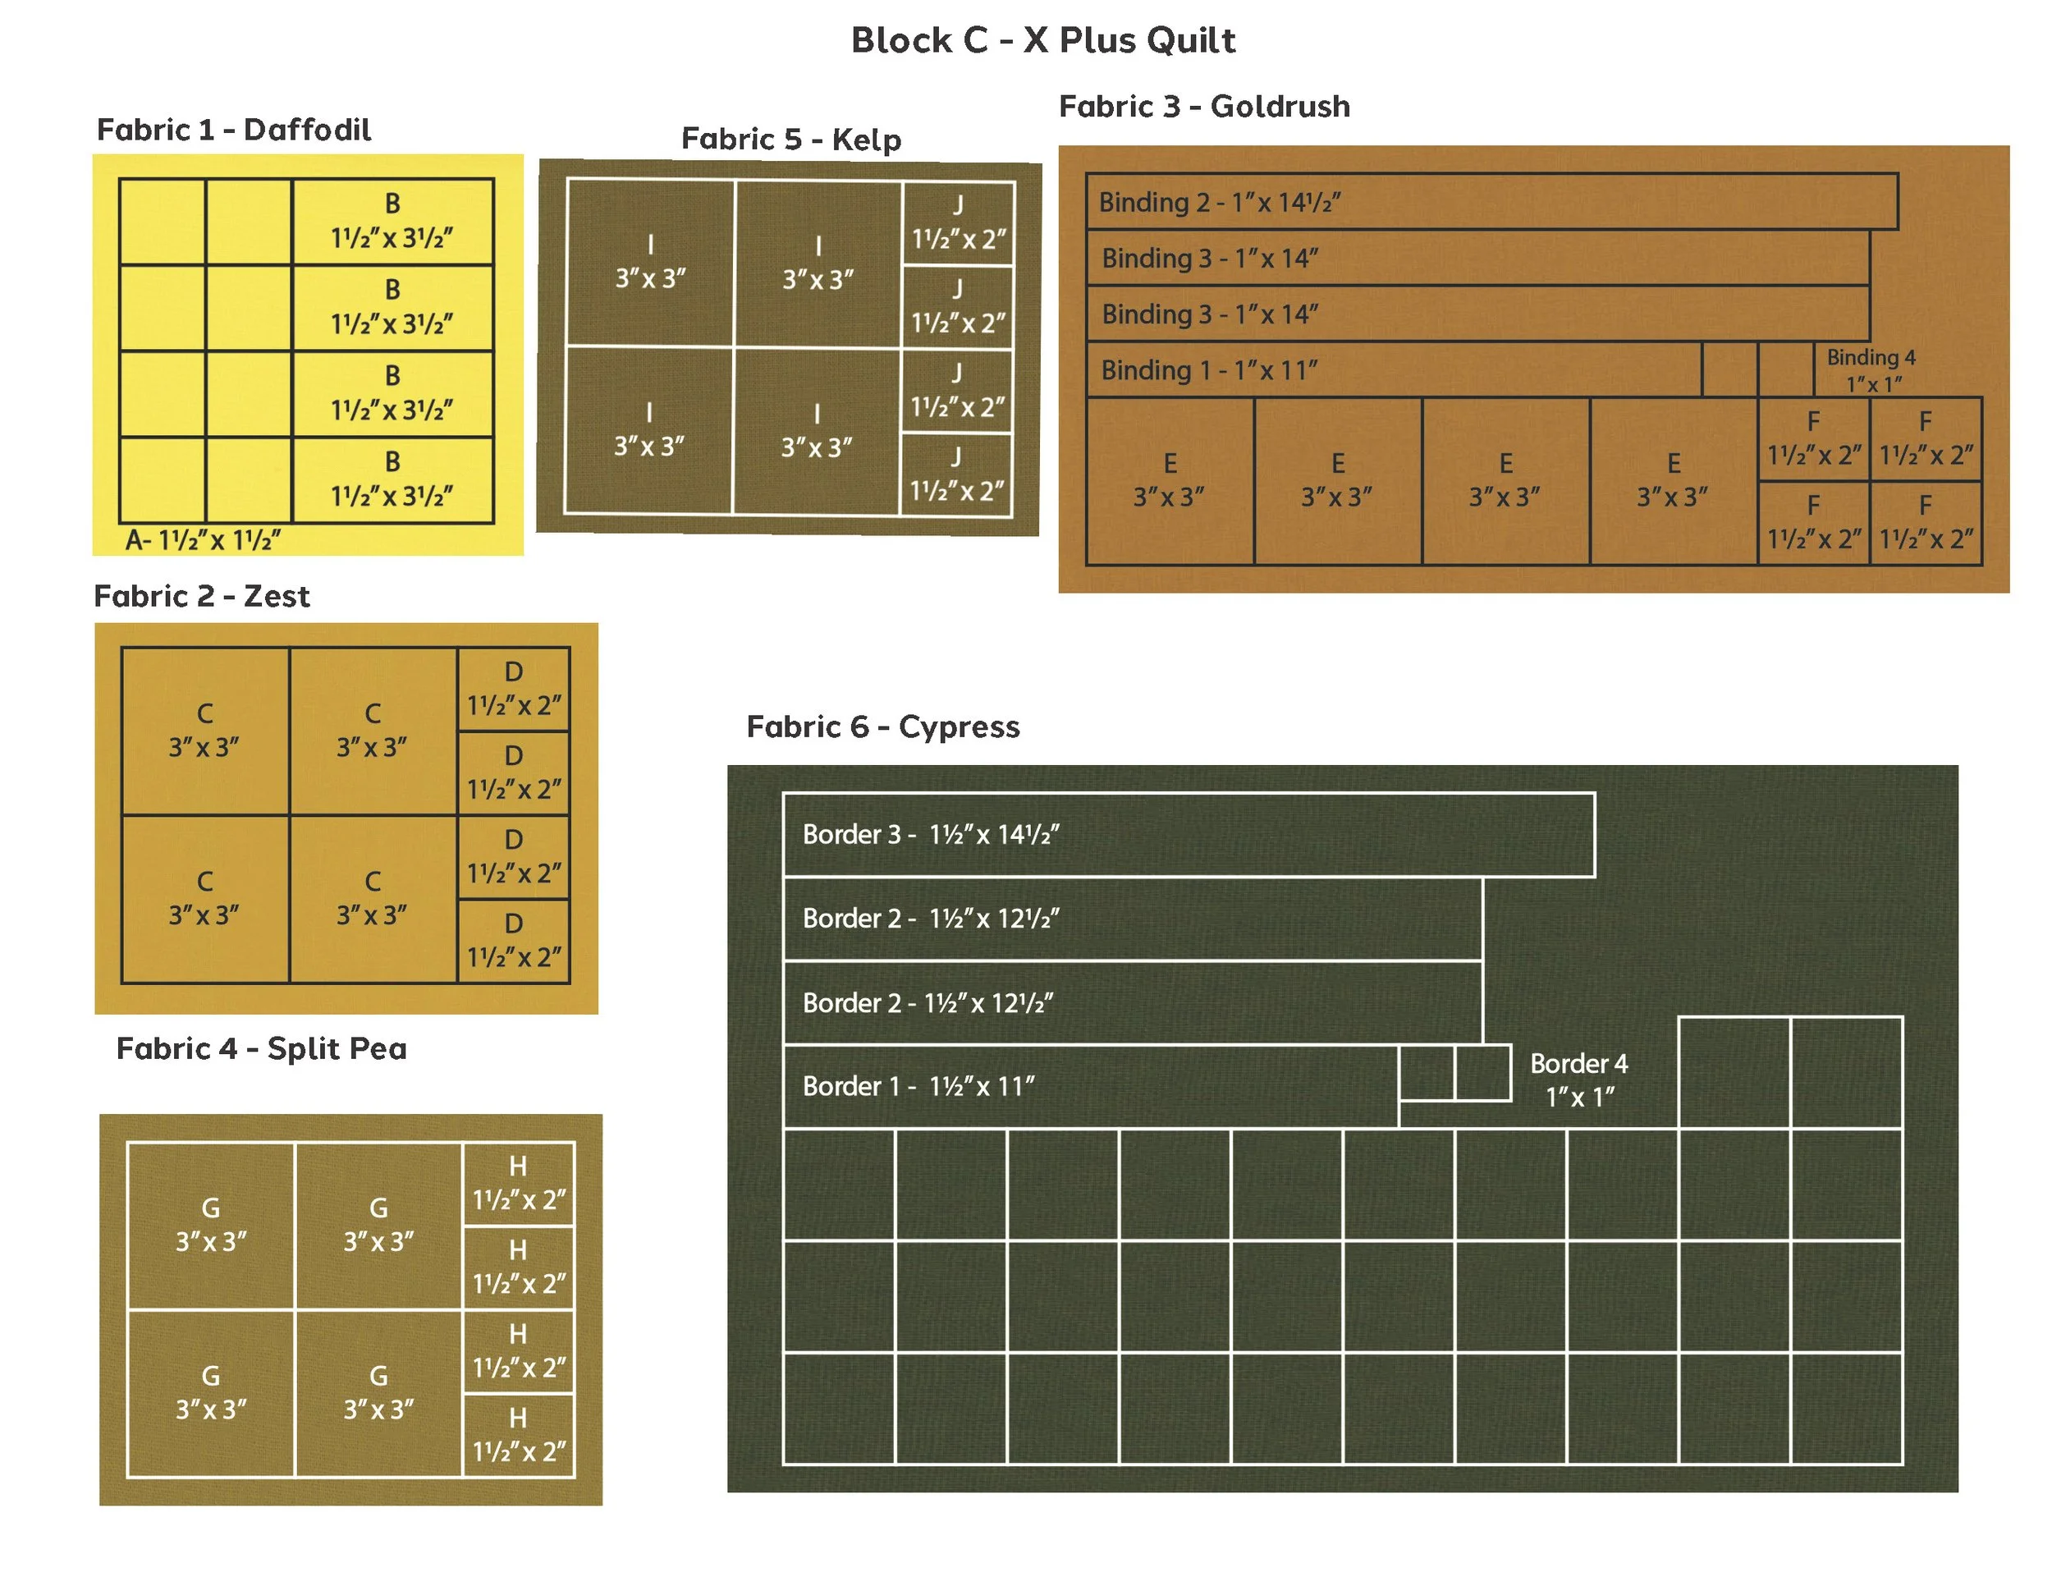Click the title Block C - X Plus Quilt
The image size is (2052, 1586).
1043,40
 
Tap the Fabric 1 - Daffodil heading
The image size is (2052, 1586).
233,130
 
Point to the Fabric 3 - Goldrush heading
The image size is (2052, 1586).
1203,106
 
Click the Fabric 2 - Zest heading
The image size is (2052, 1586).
201,596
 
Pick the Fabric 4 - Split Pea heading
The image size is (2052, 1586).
261,1047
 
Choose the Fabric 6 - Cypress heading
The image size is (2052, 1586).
882,727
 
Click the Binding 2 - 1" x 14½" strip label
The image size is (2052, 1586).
1219,202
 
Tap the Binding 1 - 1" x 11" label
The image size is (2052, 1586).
1208,370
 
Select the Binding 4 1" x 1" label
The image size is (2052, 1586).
1871,370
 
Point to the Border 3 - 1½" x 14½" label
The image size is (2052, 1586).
930,834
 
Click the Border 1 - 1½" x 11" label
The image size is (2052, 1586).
918,1086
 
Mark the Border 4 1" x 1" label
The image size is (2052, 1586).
1578,1079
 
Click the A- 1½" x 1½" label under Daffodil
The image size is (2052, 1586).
203,540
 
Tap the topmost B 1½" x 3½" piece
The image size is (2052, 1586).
392,222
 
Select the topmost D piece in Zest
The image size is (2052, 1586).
513,689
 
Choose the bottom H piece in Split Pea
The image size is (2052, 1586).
518,1435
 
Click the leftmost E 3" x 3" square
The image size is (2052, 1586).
1170,480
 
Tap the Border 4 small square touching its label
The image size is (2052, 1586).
1482,1072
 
